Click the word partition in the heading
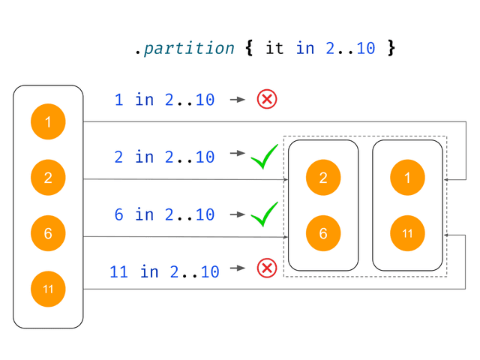click(x=189, y=48)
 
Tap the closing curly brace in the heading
click(x=391, y=48)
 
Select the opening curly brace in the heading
click(x=249, y=48)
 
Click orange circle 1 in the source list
click(x=48, y=121)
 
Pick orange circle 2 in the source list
click(x=48, y=178)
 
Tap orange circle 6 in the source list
click(x=48, y=233)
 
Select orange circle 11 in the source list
click(x=48, y=289)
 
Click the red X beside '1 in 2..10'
click(x=267, y=99)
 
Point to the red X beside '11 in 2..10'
click(x=267, y=268)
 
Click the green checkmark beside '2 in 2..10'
click(x=264, y=157)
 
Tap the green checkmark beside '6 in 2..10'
click(x=264, y=214)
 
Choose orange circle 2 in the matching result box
click(x=323, y=178)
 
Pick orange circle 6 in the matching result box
click(x=323, y=233)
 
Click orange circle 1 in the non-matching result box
click(x=407, y=178)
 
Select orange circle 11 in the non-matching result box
click(x=407, y=233)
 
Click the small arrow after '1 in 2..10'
click(x=238, y=100)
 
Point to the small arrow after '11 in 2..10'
click(x=238, y=268)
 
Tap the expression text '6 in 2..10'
click(x=164, y=214)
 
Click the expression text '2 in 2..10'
click(x=164, y=157)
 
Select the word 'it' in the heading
click(x=274, y=48)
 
